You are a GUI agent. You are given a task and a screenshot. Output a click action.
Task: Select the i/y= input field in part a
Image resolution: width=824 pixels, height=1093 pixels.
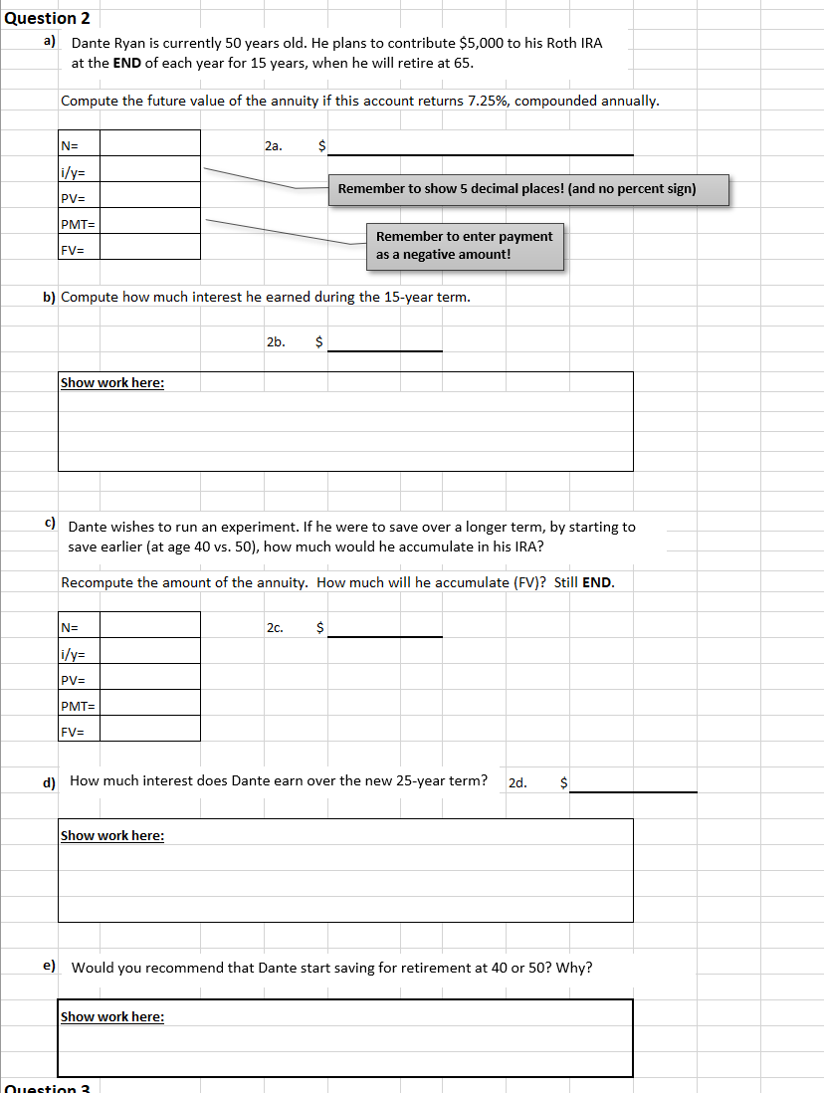(149, 170)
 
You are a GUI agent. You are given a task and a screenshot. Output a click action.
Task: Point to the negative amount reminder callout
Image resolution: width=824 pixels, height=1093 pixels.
(465, 246)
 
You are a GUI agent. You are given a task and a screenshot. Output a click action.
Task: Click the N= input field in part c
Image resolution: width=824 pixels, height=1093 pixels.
(149, 626)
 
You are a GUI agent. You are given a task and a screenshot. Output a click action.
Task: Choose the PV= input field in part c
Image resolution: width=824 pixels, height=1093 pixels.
(149, 679)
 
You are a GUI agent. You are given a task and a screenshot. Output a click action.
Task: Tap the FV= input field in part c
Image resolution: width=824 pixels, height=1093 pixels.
(149, 730)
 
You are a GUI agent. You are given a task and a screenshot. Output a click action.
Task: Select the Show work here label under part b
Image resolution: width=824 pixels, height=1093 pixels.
(112, 383)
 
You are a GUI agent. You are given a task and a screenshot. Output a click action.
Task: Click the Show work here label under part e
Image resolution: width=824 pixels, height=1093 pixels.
(112, 1016)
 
